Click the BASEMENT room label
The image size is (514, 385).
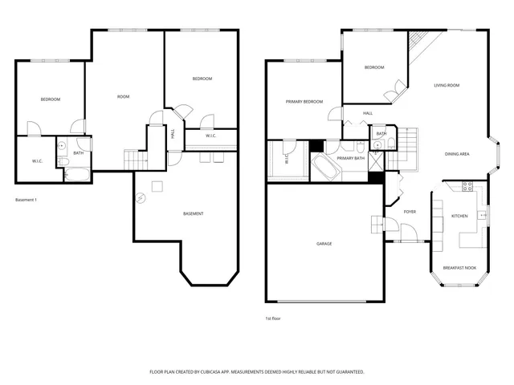coord(193,213)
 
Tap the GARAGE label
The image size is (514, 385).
coord(324,244)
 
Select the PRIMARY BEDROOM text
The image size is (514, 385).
coord(304,102)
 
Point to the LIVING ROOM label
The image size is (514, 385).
coord(447,85)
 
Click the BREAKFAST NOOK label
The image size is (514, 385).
coord(459,268)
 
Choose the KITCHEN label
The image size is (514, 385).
coord(459,216)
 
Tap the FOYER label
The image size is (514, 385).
coord(410,212)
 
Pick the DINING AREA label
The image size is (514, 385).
coord(458,154)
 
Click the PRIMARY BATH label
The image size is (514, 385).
coord(351,159)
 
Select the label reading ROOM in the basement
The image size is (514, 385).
coord(123,97)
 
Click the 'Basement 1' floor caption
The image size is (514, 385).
coord(26,200)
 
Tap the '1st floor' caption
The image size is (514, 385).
coord(273,318)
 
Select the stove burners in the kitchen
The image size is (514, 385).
coord(469,188)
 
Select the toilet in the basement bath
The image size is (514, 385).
coord(61,147)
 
